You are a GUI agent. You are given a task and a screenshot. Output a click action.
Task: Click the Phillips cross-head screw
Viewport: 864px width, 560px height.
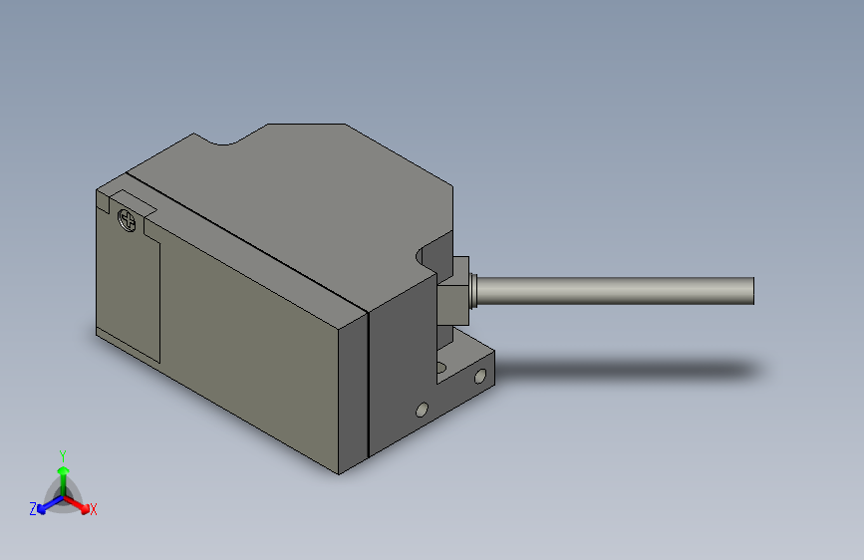[x=127, y=221]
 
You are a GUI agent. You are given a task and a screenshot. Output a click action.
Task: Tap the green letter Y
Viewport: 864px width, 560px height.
[x=63, y=456]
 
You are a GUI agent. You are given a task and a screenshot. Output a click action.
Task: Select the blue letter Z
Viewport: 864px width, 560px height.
[x=33, y=509]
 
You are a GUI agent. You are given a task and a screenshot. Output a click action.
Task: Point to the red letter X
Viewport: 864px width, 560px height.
[x=93, y=509]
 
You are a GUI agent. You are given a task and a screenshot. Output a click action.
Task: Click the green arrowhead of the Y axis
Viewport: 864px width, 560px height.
[x=64, y=470]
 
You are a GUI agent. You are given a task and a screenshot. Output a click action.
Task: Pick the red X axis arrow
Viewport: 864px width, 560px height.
[x=76, y=504]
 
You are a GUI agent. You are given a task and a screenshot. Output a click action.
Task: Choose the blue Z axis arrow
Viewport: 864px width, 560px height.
[x=51, y=504]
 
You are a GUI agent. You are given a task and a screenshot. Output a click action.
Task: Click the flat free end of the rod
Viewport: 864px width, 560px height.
[x=752, y=291]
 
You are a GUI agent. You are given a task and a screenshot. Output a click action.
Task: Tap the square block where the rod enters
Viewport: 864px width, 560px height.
[x=453, y=291]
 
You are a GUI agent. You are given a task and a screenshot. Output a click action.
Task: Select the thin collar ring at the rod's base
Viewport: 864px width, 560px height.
[x=472, y=291]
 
